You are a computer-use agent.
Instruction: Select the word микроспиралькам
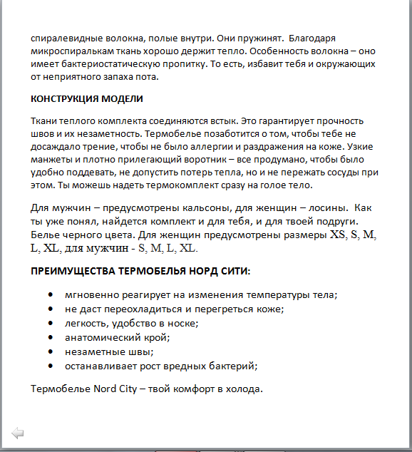[74, 53]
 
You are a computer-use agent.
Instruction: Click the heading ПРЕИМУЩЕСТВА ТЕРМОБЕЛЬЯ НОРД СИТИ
[141, 271]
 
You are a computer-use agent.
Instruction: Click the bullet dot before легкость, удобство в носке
[51, 323]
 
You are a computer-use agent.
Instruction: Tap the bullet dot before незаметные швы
[51, 351]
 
